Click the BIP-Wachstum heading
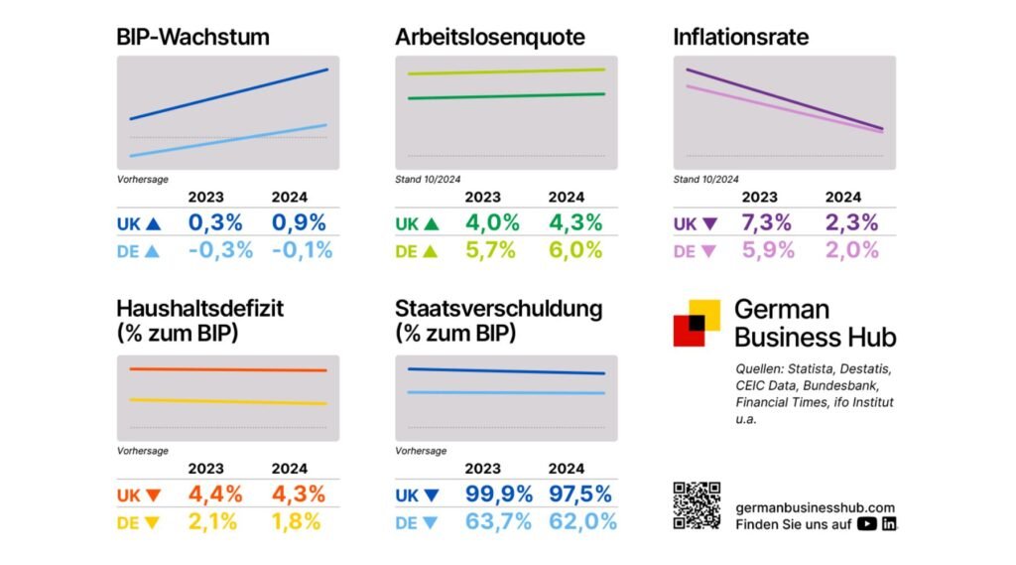pos(192,38)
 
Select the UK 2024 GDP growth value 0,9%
pos(302,222)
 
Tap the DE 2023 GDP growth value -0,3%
pos(220,250)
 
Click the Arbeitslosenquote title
pos(490,38)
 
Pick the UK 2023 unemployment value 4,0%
pos(491,222)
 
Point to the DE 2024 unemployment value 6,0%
pos(574,250)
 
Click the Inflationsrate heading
pos(740,38)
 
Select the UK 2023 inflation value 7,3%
pos(766,222)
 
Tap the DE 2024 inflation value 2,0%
pos(850,250)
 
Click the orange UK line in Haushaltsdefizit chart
pos(228,369)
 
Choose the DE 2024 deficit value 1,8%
pos(296,521)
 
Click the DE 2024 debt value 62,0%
pos(581,521)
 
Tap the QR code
pos(697,505)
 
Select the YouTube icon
pos(866,524)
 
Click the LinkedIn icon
pos(888,524)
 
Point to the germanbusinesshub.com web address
pos(815,506)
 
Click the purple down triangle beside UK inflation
pos(708,223)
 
